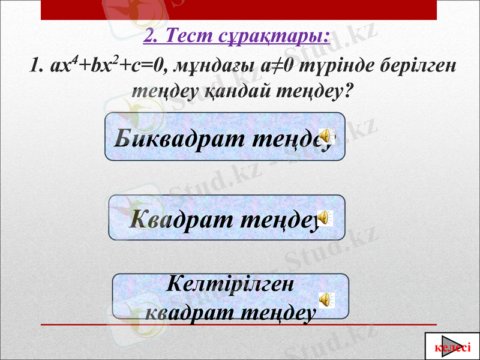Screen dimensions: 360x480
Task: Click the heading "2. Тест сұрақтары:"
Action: click(237, 36)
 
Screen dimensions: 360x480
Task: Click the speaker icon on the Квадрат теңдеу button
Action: click(325, 217)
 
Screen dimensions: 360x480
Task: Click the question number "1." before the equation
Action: click(36, 66)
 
